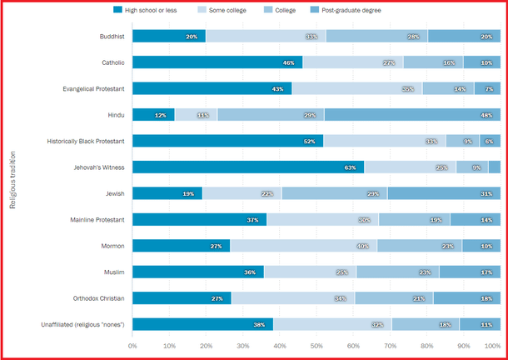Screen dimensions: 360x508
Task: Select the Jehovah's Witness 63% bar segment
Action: pyautogui.click(x=248, y=167)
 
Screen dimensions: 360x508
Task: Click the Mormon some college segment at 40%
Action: pyautogui.click(x=303, y=245)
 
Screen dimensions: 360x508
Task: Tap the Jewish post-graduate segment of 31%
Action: pyautogui.click(x=444, y=193)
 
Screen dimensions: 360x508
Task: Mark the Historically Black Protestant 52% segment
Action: pyautogui.click(x=227, y=141)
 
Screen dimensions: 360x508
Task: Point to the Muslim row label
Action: pyautogui.click(x=112, y=272)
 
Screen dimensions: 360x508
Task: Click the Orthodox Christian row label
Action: pyautogui.click(x=97, y=297)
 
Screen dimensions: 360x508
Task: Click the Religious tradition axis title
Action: pyautogui.click(x=13, y=179)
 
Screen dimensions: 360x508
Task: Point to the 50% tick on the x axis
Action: pyautogui.click(x=316, y=345)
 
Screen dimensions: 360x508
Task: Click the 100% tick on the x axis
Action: pyautogui.click(x=493, y=345)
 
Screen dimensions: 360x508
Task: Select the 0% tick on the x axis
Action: pyautogui.click(x=132, y=345)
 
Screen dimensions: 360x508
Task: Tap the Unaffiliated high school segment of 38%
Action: pyautogui.click(x=202, y=324)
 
